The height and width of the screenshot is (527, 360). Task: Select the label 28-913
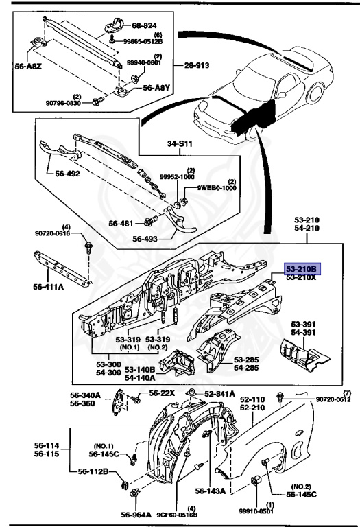[x=196, y=65]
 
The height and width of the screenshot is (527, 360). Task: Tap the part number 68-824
[x=144, y=25]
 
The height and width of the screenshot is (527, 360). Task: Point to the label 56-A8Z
[x=28, y=66]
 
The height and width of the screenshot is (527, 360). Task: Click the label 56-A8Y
[x=156, y=88]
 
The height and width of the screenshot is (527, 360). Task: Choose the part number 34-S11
[x=180, y=144]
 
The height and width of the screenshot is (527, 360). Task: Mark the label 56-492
[x=67, y=174]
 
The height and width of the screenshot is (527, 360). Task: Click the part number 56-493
[x=145, y=239]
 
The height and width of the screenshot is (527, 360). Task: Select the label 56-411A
[x=49, y=287]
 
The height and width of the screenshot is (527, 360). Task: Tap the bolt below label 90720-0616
[x=88, y=248]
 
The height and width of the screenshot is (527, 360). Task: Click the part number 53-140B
[x=140, y=370]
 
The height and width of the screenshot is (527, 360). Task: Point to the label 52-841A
[x=219, y=394]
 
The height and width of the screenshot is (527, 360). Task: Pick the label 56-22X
[x=162, y=393]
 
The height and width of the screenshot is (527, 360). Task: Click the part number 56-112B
[x=93, y=471]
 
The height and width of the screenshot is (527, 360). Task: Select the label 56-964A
[x=136, y=515]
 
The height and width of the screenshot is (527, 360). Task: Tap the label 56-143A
[x=211, y=491]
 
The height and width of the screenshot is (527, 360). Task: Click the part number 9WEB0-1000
[x=217, y=188]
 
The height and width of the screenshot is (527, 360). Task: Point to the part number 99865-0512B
[x=143, y=41]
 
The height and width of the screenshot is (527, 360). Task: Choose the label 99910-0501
[x=256, y=511]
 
